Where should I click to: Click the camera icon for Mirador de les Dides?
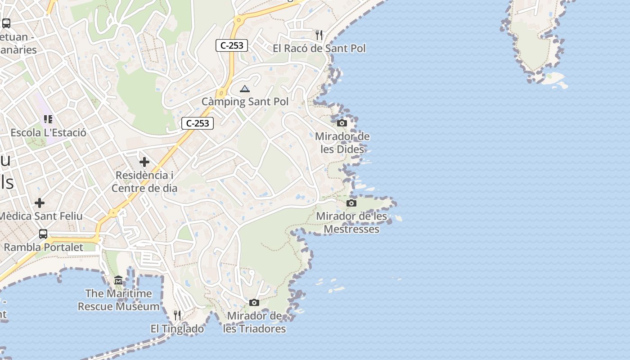coord(342,123)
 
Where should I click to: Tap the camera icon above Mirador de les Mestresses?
coord(352,203)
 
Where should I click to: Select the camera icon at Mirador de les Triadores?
coord(254,302)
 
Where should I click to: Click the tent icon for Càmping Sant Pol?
coord(244,89)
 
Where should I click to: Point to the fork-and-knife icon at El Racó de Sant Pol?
coord(319,35)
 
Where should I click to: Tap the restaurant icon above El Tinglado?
coord(177,315)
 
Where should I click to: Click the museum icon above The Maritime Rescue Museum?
coord(118,280)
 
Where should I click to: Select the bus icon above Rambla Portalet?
coord(43,234)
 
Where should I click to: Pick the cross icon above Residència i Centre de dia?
coord(144,162)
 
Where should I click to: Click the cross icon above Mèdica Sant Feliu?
coord(40,203)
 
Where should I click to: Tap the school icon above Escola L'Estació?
coord(48,119)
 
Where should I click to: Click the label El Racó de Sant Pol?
coord(319,48)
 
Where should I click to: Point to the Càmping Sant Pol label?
coord(245,102)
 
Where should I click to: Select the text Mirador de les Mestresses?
coord(351,223)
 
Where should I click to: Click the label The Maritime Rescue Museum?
coord(119,300)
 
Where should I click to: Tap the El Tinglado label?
coord(177,329)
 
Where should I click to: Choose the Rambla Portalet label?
coord(44,247)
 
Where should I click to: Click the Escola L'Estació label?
coord(48,133)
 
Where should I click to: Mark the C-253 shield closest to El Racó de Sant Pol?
coord(232,45)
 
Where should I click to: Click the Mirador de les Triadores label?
coord(254,322)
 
